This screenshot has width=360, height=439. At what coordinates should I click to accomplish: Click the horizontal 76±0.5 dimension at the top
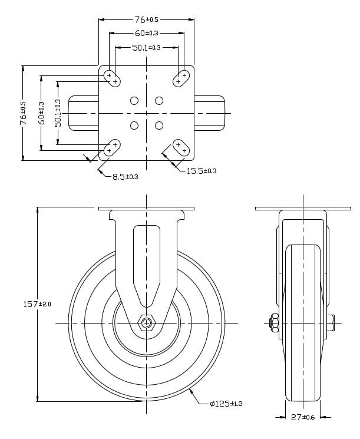click(146, 19)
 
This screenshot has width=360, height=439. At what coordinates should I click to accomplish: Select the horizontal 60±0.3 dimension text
click(146, 33)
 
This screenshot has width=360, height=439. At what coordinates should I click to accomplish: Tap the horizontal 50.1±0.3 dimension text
click(146, 47)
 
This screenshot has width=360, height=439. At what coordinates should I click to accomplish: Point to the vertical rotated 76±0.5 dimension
click(24, 112)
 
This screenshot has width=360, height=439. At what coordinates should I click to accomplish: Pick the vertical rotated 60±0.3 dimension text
click(41, 112)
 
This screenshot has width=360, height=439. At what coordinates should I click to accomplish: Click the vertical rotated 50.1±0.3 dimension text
click(58, 112)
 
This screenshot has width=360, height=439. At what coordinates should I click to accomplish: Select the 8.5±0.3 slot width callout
click(125, 176)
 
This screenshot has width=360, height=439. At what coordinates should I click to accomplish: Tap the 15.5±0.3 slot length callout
click(202, 171)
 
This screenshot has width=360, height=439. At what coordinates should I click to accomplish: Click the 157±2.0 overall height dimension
click(37, 303)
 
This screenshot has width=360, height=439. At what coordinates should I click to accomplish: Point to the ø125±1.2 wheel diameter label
click(226, 403)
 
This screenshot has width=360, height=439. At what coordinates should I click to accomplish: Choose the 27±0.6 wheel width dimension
click(303, 417)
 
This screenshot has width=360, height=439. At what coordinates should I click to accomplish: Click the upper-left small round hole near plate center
click(134, 101)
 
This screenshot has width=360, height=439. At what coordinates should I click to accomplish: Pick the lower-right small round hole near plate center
click(159, 125)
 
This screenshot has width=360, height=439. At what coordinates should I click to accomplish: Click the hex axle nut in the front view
click(146, 322)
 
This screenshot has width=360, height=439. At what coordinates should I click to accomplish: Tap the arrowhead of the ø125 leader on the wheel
click(191, 390)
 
